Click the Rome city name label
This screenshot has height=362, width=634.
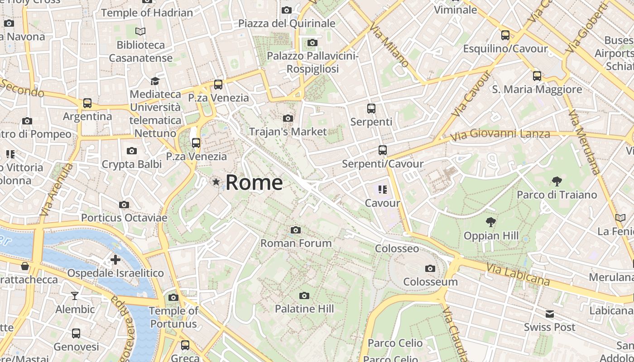click(254, 182)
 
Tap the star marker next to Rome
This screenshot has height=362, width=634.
click(216, 182)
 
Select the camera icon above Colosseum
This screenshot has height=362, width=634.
click(430, 268)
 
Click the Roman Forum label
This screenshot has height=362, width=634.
click(296, 243)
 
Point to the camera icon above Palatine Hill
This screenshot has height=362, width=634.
click(304, 295)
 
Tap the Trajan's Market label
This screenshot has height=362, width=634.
click(288, 132)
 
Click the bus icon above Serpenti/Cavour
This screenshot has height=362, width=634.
click(383, 150)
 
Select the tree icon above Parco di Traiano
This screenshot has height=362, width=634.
click(557, 181)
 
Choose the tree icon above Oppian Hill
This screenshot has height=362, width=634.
click(490, 222)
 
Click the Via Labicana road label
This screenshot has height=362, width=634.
click(518, 275)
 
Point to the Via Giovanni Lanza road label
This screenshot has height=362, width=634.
click(501, 134)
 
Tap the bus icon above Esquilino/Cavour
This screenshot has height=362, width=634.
click(505, 35)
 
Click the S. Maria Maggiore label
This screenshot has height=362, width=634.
click(537, 89)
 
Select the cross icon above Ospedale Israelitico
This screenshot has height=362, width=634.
click(115, 260)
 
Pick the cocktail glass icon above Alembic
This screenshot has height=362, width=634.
click(75, 296)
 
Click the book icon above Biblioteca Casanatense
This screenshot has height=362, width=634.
click(140, 31)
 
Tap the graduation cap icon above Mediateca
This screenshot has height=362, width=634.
click(155, 81)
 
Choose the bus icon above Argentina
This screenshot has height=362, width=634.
click(87, 103)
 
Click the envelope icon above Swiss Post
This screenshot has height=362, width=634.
click(550, 314)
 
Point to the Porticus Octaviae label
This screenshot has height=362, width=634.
click(124, 218)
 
